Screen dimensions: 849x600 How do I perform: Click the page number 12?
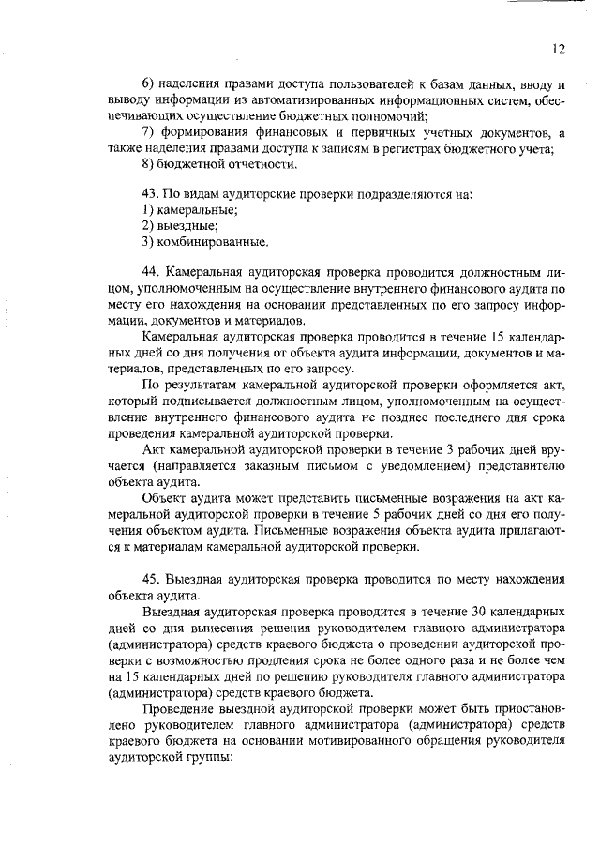(559, 47)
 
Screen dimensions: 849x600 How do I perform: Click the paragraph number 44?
(148, 272)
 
